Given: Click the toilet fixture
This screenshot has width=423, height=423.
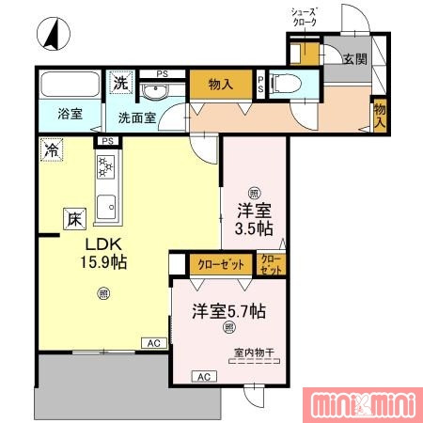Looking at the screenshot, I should coord(287,83).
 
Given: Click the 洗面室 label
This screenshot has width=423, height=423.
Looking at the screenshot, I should coord(137,118).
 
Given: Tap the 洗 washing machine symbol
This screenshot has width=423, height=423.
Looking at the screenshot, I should coord(120,83).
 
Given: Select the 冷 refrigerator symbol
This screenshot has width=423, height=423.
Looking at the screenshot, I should coord(50,149).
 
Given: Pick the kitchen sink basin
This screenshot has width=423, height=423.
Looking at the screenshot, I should coord(105,204).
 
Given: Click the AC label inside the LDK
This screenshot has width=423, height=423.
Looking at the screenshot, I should coord(153,344).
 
